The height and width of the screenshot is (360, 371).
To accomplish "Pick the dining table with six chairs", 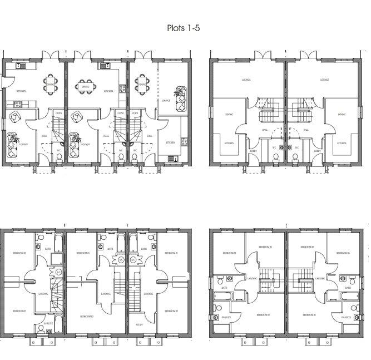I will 86,86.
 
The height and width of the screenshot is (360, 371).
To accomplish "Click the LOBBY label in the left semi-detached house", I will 254,151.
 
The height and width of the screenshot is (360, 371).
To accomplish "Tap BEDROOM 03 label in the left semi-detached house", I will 229,253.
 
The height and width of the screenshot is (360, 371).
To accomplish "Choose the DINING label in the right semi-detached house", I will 342,115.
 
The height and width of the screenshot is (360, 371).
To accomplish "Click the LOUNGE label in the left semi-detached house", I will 245,80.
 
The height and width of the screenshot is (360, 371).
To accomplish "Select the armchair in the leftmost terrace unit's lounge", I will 15,117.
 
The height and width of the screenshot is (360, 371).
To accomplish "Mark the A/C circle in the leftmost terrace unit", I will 58,272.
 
